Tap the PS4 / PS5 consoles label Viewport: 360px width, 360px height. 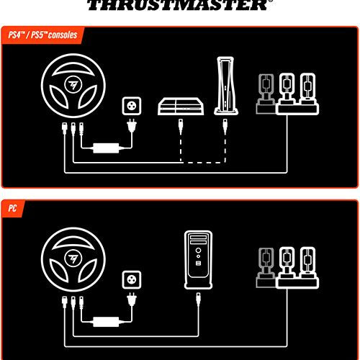pos(42,35)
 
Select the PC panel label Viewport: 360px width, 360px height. pos(12,208)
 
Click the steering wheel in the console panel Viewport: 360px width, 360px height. pos(73,86)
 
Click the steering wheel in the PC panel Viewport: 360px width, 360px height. pos(73,260)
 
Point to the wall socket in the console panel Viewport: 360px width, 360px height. pos(132,106)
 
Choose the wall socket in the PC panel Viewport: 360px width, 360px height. pos(132,280)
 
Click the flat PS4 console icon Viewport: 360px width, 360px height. pos(181,107)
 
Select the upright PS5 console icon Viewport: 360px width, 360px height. pos(225,86)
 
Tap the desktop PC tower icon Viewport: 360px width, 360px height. pos(198,260)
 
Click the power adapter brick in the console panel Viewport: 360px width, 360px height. pos(106,148)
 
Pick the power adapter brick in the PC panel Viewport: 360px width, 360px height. pos(106,322)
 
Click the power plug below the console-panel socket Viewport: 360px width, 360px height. pos(132,126)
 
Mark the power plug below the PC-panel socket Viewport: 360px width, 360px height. pos(132,300)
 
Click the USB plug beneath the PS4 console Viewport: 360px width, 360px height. pos(181,127)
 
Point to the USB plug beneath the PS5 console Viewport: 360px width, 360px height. pos(225,127)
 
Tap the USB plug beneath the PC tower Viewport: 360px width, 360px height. pos(198,300)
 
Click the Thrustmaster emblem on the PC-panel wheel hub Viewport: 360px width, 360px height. pos(73,259)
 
